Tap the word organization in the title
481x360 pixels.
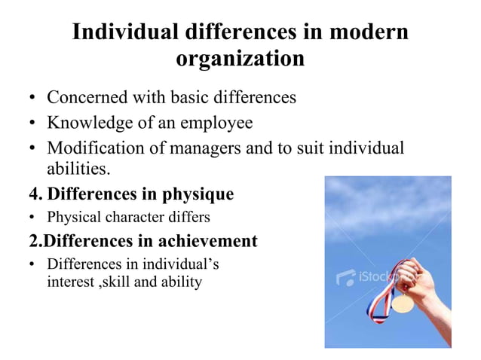pyautogui.click(x=240, y=58)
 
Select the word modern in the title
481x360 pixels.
pyautogui.click(x=365, y=33)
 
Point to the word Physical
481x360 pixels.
pyautogui.click(x=70, y=218)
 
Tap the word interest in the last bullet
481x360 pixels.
pyautogui.click(x=69, y=282)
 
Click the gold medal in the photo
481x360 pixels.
pyautogui.click(x=403, y=304)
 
